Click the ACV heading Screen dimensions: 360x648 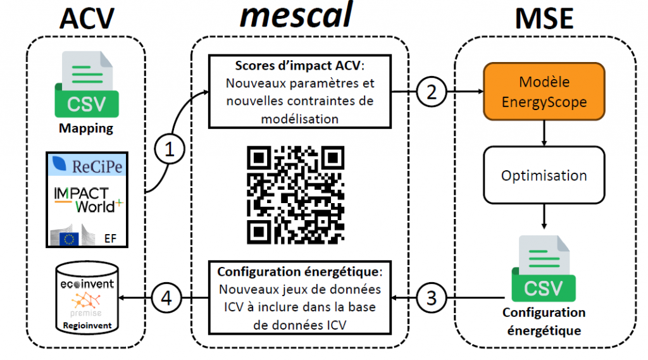click(x=87, y=20)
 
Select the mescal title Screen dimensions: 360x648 click(x=296, y=17)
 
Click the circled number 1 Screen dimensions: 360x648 click(x=168, y=150)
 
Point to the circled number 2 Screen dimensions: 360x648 click(x=432, y=93)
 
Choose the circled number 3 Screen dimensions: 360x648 click(x=432, y=298)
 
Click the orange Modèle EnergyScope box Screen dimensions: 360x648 click(x=544, y=91)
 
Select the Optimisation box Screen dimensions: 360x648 click(x=544, y=175)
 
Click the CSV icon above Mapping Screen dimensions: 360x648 click(x=87, y=85)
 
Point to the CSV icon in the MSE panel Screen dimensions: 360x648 click(x=543, y=269)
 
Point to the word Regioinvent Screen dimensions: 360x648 click(x=87, y=327)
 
